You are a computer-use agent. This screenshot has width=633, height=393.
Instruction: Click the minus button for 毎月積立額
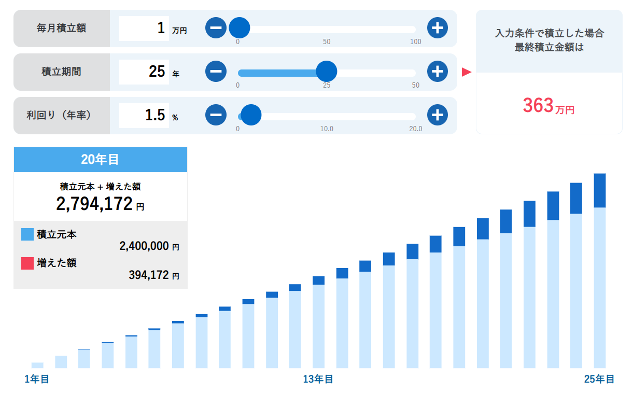(x=216, y=28)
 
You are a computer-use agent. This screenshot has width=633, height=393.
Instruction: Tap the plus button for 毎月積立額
(x=438, y=28)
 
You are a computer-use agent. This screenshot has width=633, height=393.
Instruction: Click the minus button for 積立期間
(x=216, y=72)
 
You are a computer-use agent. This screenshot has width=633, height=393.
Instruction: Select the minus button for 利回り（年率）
(x=216, y=115)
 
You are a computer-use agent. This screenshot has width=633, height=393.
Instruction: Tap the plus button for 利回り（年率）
(x=438, y=115)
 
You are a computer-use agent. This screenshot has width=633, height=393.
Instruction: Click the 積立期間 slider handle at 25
(x=327, y=72)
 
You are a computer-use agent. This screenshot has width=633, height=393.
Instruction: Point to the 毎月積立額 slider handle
(x=239, y=28)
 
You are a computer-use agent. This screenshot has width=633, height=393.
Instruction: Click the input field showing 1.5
(x=144, y=115)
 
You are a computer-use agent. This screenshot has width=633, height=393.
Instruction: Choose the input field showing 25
(x=144, y=72)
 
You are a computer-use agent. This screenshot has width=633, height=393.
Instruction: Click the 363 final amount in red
(x=539, y=106)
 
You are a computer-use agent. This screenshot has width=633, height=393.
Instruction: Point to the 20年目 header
(x=100, y=160)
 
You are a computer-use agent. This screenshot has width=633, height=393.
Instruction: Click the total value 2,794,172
(x=94, y=204)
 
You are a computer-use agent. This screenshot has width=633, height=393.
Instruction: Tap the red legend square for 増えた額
(x=27, y=263)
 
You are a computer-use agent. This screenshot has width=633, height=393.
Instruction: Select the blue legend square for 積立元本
(x=27, y=234)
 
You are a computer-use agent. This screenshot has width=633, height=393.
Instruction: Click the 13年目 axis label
(x=318, y=380)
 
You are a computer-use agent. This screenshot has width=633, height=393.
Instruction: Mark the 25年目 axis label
(x=599, y=380)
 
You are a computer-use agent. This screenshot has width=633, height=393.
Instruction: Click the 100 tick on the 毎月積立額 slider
(x=416, y=42)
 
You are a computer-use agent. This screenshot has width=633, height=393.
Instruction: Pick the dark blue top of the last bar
(x=599, y=190)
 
